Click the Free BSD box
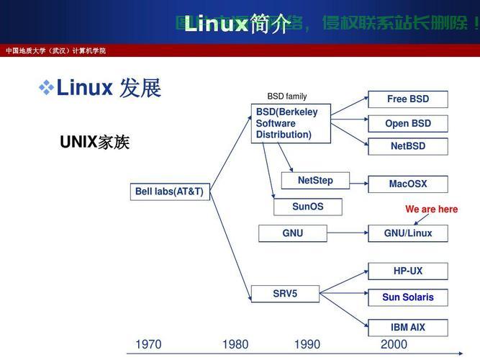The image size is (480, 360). (407, 99)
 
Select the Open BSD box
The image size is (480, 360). (407, 123)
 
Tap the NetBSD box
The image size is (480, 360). (407, 146)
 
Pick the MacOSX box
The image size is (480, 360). (407, 184)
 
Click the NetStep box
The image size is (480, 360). (315, 181)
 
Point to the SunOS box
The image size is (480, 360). (307, 207)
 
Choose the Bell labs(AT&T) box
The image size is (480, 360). (169, 192)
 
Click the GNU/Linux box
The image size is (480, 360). (407, 233)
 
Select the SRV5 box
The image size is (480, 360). (285, 294)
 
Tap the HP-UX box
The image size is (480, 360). (407, 271)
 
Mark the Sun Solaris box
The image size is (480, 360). (407, 297)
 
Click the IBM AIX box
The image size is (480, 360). (407, 328)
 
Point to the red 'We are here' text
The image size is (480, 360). (431, 210)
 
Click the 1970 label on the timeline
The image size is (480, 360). (148, 345)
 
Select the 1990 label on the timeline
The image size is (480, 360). (307, 345)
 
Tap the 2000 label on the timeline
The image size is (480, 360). (394, 345)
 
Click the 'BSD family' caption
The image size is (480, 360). (286, 96)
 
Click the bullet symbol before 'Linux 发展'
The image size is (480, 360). (46, 89)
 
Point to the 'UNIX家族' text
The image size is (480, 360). (94, 143)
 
